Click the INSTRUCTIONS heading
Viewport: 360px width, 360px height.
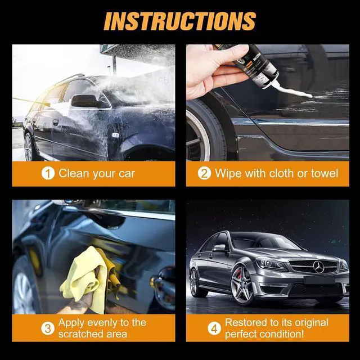click(180, 21)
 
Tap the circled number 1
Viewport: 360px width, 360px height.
click(48, 174)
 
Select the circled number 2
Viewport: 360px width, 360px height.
click(204, 174)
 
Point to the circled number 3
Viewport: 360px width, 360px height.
click(48, 328)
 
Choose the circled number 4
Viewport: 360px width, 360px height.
click(214, 328)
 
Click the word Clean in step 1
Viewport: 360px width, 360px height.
click(73, 173)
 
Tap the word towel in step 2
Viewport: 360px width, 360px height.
click(325, 173)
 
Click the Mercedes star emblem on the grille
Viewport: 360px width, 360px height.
click(319, 267)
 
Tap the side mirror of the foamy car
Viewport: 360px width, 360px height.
click(85, 101)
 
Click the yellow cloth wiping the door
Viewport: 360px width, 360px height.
click(88, 278)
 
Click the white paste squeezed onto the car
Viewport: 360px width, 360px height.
click(293, 91)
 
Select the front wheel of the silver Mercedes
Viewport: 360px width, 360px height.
click(242, 285)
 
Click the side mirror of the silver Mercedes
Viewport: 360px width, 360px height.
click(219, 248)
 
